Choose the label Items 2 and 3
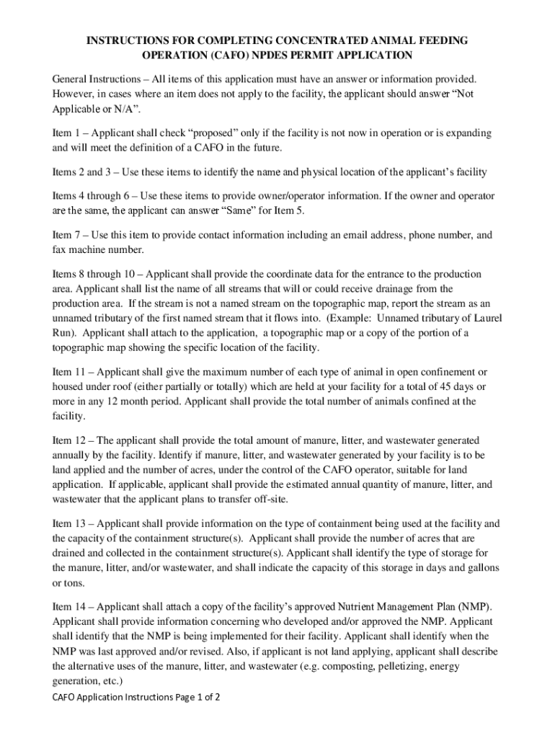[81, 172]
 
